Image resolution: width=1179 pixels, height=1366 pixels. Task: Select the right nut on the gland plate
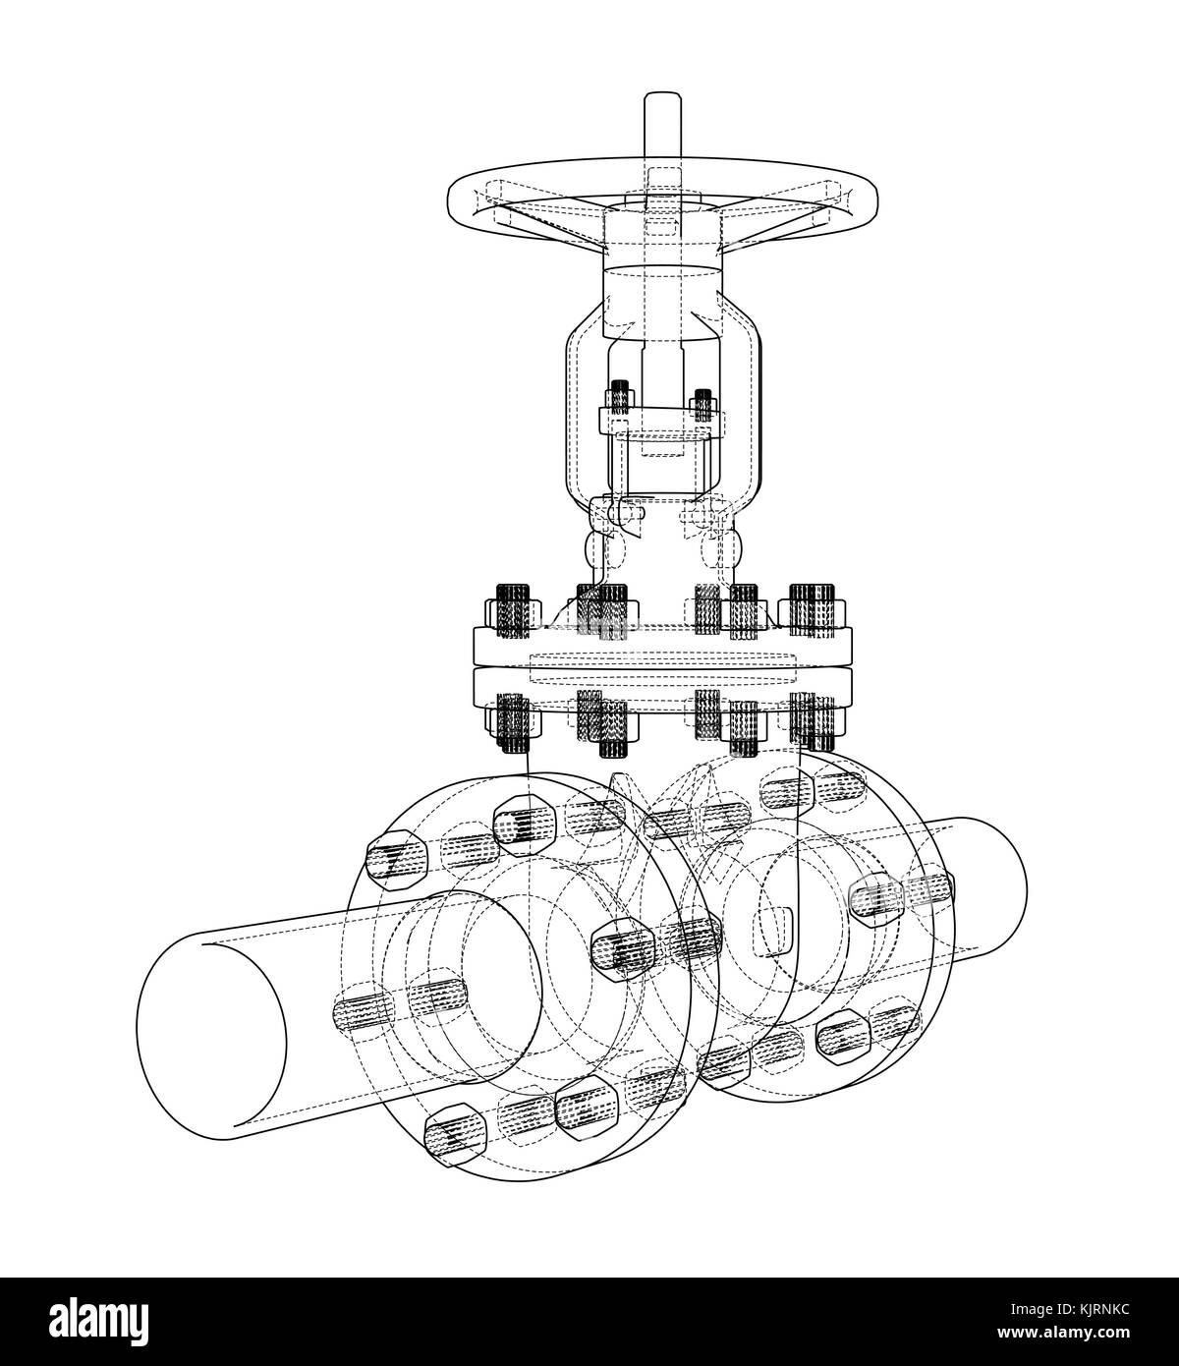click(702, 404)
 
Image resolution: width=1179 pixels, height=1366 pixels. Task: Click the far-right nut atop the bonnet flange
click(814, 606)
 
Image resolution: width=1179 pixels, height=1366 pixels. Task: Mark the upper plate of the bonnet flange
click(662, 645)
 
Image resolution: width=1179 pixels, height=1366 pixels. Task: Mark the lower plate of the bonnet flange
click(662, 685)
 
